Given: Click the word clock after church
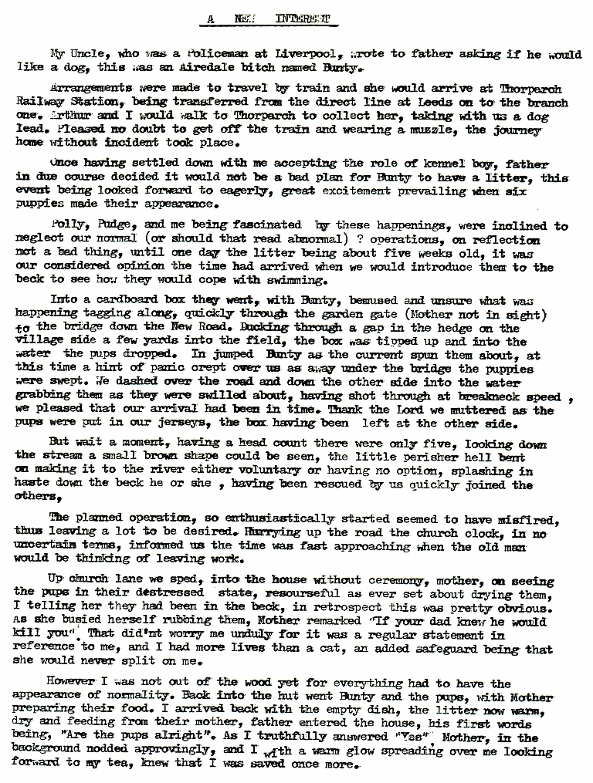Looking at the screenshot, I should tap(504, 533).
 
